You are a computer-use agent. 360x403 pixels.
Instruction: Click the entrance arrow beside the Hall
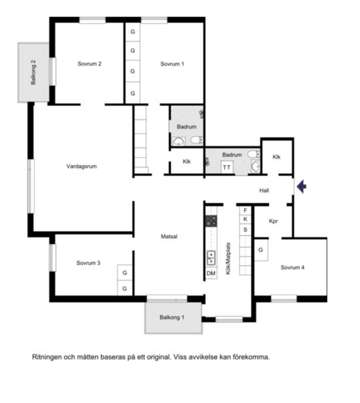tap(301, 186)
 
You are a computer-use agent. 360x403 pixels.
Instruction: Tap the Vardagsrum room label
tap(82, 166)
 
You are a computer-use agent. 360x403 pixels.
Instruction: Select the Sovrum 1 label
tap(172, 64)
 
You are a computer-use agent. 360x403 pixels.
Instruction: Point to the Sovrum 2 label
tap(89, 63)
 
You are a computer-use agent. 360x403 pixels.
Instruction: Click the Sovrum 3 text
tap(88, 263)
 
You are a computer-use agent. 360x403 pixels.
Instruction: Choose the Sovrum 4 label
tap(292, 267)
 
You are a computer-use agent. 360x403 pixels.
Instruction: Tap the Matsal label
tap(169, 236)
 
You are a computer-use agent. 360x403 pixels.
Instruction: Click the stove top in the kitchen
tap(211, 221)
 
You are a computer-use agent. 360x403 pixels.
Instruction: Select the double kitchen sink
tap(211, 258)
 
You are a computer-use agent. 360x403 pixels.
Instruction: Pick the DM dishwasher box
tap(211, 273)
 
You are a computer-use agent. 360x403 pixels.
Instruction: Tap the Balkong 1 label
tap(172, 317)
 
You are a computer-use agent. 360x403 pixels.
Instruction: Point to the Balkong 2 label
tap(33, 72)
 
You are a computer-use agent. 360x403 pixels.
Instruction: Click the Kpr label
tap(273, 221)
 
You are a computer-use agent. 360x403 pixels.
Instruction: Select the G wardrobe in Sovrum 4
tap(261, 250)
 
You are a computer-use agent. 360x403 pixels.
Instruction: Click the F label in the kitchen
tap(245, 211)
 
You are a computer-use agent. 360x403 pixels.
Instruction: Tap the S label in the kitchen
tap(245, 230)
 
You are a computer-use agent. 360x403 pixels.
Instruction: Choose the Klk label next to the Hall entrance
tap(276, 157)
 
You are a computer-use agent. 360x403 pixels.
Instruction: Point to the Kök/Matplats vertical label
tap(228, 259)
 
